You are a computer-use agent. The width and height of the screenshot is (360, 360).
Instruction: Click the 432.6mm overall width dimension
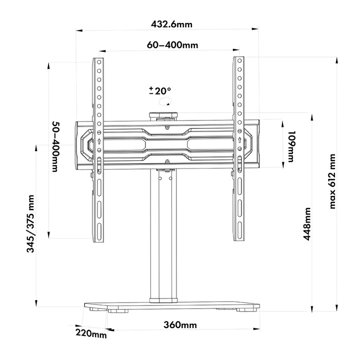[171, 23]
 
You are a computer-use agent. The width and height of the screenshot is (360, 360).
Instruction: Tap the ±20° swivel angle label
[160, 91]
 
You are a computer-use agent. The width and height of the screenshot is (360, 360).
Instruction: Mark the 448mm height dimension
[307, 224]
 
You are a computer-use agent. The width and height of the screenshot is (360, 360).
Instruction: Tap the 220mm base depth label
[91, 332]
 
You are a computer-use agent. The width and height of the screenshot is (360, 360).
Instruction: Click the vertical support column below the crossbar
[163, 235]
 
